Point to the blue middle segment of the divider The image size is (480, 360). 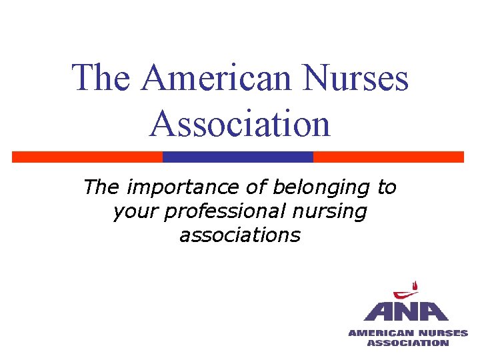(238, 157)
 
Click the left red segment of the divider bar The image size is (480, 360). (87, 157)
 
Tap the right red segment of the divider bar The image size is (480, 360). (388, 157)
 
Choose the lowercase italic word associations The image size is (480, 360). (240, 235)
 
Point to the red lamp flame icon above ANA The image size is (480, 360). (407, 291)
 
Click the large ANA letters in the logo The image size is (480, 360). (406, 312)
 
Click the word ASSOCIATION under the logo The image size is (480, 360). (408, 343)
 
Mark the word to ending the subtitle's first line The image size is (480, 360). (387, 188)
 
